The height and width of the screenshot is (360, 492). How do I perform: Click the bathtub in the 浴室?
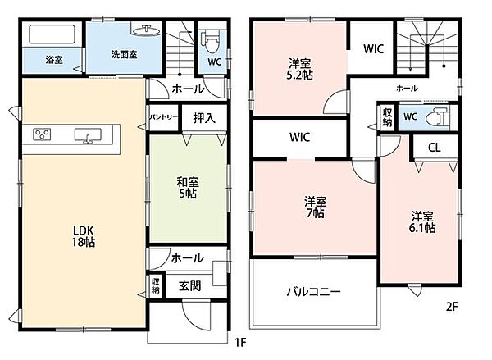(x=52, y=34)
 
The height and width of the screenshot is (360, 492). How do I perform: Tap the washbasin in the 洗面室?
(x=146, y=30)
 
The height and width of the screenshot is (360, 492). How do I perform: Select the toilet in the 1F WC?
(x=212, y=42)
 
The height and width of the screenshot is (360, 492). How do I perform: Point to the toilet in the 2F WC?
(x=438, y=117)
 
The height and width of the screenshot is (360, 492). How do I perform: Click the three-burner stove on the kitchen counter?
(x=42, y=134)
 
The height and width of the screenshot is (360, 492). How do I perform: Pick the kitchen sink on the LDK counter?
(x=88, y=135)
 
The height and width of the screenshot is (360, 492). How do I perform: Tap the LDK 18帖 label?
(x=84, y=236)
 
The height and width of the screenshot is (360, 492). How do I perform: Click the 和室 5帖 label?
(x=188, y=188)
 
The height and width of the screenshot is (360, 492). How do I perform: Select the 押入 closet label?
(x=204, y=118)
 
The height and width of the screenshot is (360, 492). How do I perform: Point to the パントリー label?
(x=163, y=117)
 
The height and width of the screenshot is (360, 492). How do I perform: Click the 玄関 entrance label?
(x=190, y=285)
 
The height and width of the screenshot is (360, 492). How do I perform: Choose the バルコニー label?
(x=313, y=292)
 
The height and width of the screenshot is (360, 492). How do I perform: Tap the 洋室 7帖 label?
(x=316, y=207)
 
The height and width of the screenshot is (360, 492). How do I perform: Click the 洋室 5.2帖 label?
(x=300, y=70)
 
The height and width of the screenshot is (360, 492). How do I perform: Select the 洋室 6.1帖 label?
(x=422, y=222)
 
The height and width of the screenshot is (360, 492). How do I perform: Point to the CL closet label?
(x=435, y=148)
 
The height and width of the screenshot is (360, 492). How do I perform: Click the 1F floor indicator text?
(x=240, y=343)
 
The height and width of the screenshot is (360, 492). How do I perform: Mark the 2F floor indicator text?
(x=452, y=307)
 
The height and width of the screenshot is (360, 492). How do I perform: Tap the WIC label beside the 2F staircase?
(x=373, y=49)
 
